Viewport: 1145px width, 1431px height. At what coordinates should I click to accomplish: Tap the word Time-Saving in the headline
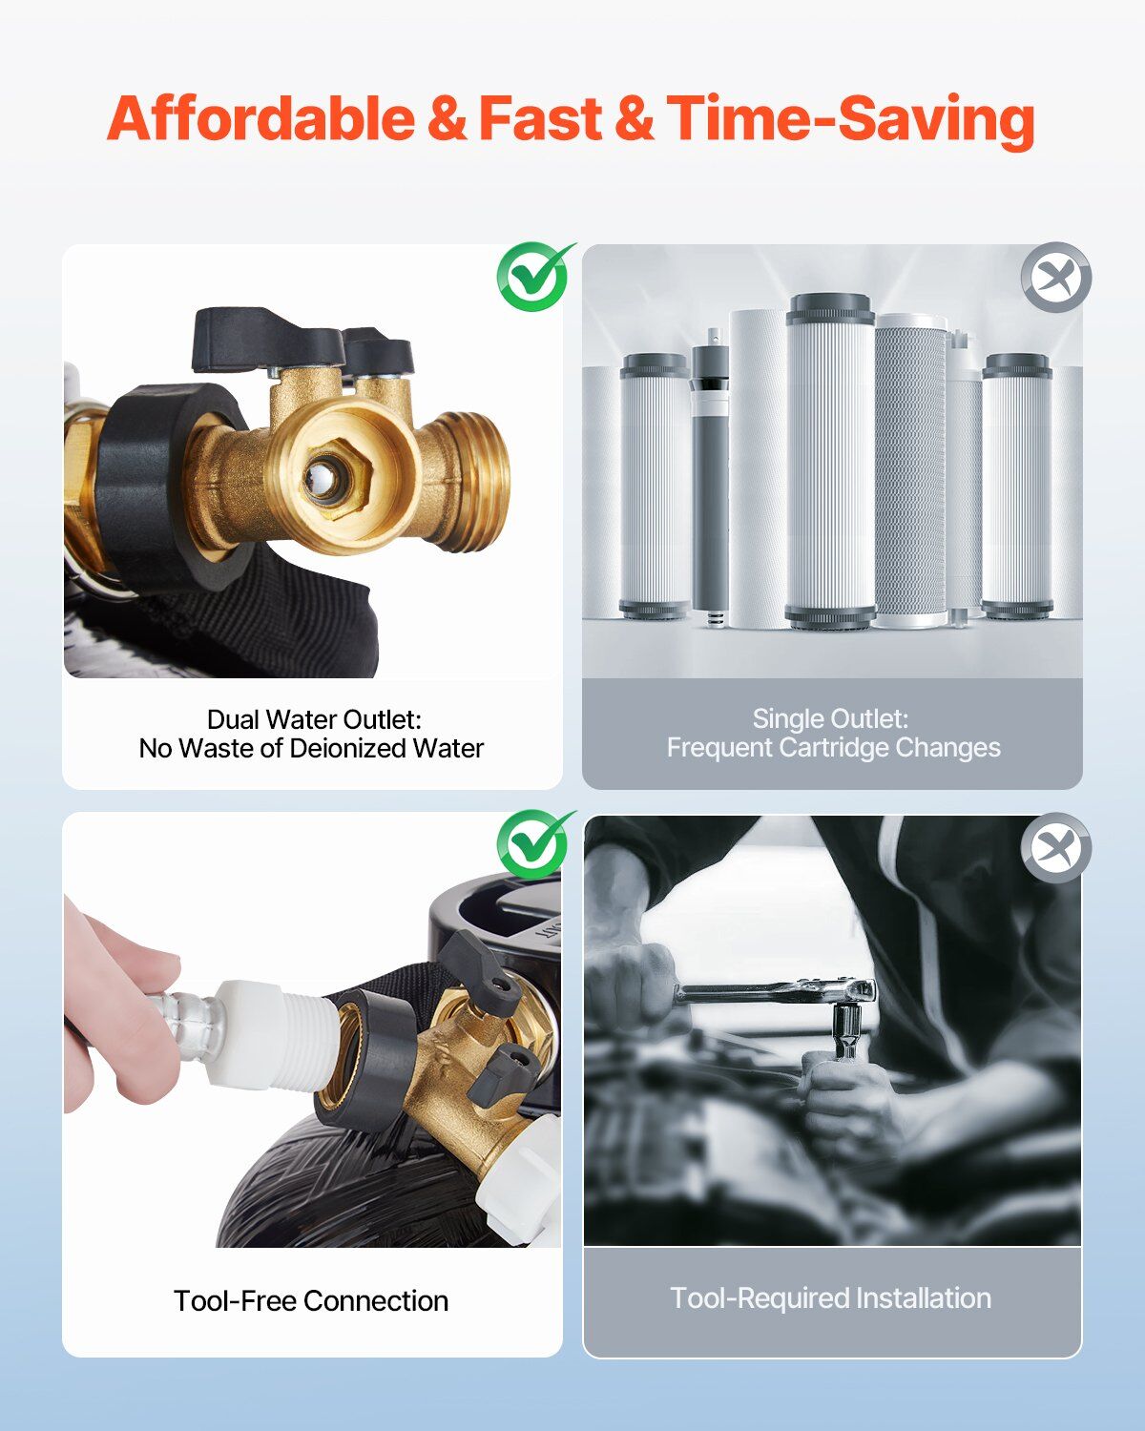[x=850, y=120]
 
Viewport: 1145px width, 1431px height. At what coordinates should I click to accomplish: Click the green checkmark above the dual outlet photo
[x=534, y=276]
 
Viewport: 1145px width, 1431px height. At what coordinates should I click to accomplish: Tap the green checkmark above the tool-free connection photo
[x=534, y=843]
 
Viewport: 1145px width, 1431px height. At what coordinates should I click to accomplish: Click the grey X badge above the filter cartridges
[x=1056, y=278]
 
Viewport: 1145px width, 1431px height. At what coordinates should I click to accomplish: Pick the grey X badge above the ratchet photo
[x=1056, y=847]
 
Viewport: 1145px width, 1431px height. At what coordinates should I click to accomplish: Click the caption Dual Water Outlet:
[x=314, y=719]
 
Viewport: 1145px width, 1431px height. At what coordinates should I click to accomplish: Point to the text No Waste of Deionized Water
[x=311, y=749]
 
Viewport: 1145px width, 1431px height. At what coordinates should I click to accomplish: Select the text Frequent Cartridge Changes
[x=834, y=748]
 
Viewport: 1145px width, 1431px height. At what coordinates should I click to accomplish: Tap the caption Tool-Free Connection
[x=311, y=1300]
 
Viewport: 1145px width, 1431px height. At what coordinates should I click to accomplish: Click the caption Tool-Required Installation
[x=830, y=1298]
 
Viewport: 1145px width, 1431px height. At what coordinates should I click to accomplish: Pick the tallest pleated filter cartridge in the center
[x=830, y=461]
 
